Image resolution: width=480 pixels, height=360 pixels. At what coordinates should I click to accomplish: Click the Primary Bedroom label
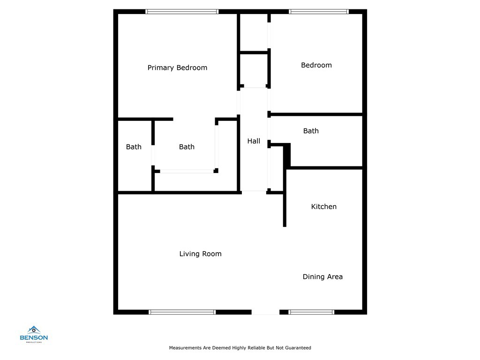pos(177,67)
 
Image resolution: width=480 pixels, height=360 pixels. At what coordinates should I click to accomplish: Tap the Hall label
pos(254,141)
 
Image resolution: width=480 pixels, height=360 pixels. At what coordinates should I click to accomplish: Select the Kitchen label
pos(324,206)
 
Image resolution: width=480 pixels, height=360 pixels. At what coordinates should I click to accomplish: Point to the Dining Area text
pos(322,277)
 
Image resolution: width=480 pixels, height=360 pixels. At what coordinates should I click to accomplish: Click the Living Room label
pos(200,254)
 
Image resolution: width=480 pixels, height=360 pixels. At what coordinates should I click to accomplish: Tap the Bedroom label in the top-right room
pos(316,65)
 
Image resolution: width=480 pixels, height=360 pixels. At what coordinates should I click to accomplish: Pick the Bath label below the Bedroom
pos(311,131)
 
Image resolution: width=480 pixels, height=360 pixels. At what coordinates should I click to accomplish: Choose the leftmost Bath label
pos(134,147)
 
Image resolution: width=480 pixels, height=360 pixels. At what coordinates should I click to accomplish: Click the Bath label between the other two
pos(187,147)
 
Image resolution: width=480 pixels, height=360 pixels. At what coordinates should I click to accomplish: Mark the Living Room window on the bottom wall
pos(182,312)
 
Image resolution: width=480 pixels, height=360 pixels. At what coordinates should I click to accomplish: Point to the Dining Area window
pos(311,312)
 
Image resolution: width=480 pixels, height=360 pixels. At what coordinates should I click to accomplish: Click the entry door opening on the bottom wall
pos(265,312)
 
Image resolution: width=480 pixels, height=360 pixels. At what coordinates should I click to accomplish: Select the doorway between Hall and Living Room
pos(254,192)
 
